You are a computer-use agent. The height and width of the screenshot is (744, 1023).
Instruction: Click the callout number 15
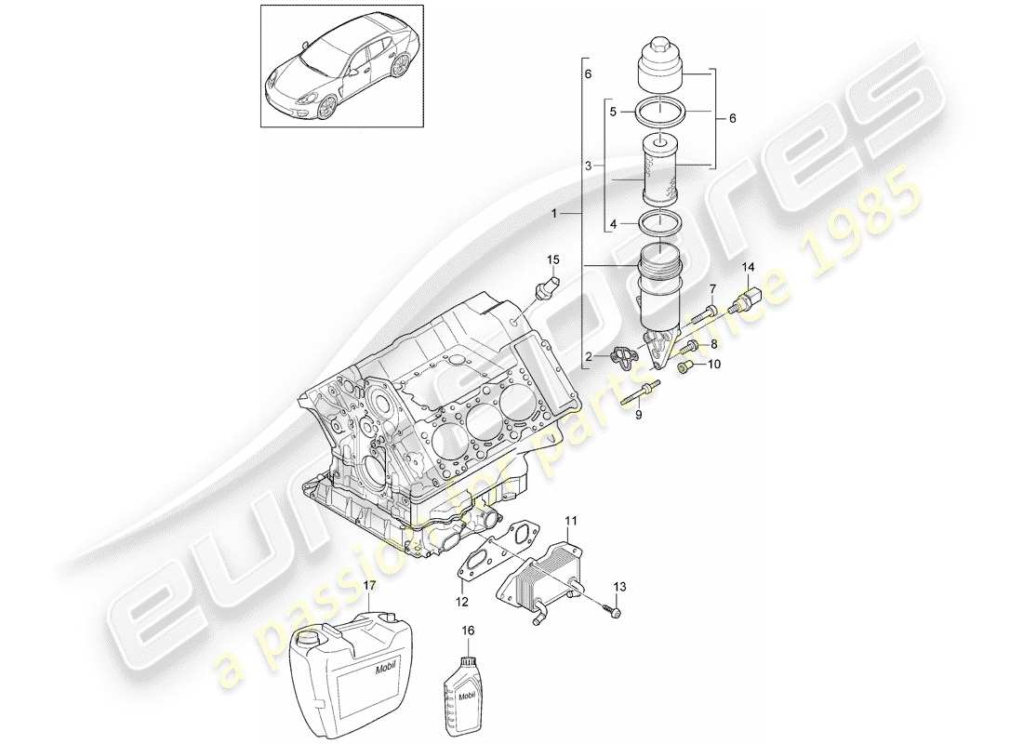[552, 259]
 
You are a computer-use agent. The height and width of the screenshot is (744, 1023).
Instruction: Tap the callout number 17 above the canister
[369, 587]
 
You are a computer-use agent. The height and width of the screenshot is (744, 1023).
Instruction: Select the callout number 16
[468, 631]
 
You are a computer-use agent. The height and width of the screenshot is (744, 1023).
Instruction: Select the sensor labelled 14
[748, 302]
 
